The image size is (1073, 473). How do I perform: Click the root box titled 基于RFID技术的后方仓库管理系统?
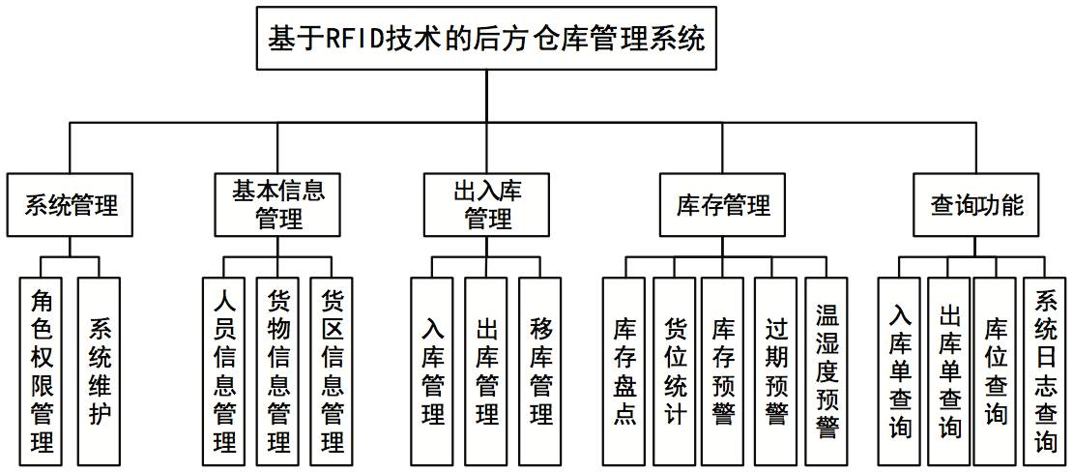[487, 39]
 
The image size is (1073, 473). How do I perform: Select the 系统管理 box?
[71, 205]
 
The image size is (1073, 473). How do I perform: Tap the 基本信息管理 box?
[278, 205]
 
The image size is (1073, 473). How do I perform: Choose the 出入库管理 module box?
[487, 205]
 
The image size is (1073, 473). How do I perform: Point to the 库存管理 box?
[724, 205]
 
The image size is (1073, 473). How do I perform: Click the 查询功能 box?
[976, 205]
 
